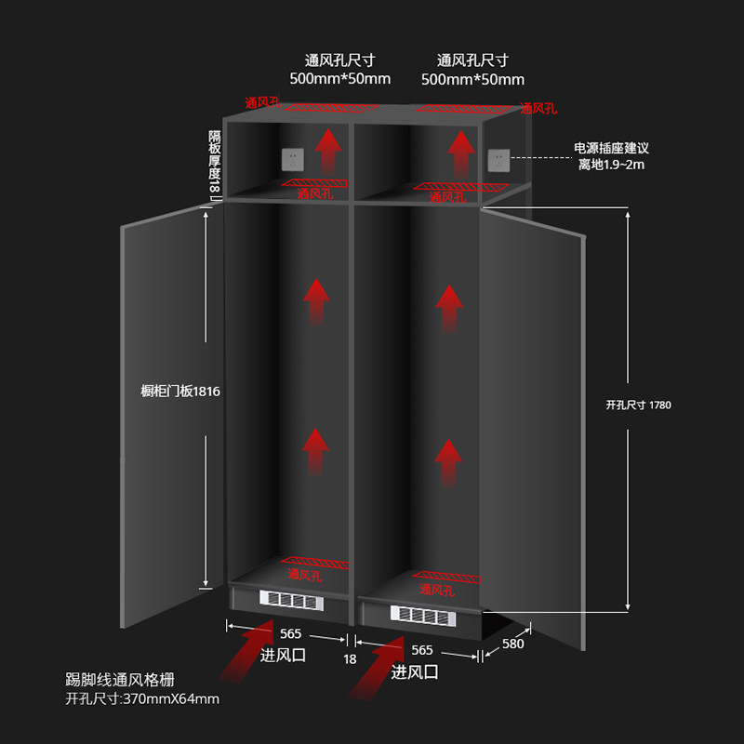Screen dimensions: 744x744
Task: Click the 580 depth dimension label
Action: (x=512, y=644)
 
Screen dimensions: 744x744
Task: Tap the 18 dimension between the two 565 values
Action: (x=350, y=658)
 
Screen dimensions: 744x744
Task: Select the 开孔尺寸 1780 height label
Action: (x=638, y=405)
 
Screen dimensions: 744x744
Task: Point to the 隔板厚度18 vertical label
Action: (x=214, y=164)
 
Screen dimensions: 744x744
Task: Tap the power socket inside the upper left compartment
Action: (x=294, y=158)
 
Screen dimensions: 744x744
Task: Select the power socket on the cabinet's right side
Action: (x=499, y=159)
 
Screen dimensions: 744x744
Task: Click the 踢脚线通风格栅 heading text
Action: (x=120, y=680)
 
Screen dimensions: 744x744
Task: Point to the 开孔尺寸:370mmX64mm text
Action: (x=142, y=698)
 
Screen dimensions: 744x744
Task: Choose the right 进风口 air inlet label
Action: (x=415, y=671)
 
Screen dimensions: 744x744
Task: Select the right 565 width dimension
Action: (x=420, y=650)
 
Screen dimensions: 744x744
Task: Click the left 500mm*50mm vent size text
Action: (x=340, y=78)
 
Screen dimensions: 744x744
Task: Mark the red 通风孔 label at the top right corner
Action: (x=538, y=109)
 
